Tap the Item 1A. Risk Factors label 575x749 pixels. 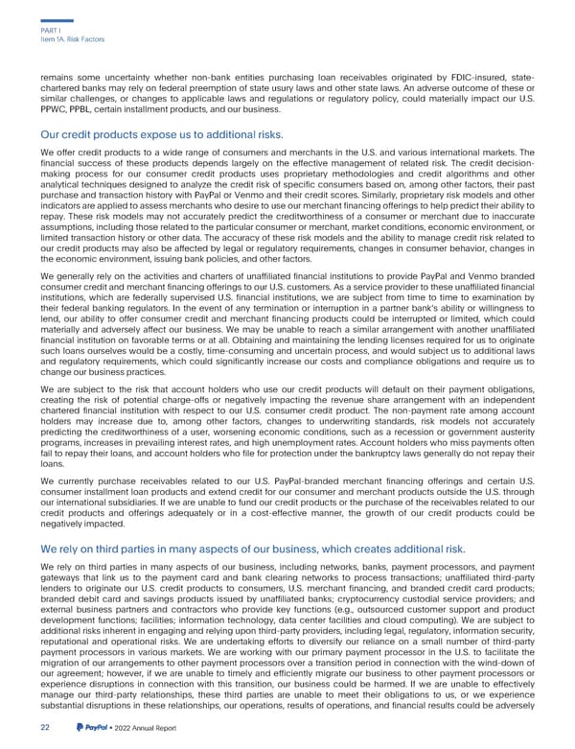(66, 39)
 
